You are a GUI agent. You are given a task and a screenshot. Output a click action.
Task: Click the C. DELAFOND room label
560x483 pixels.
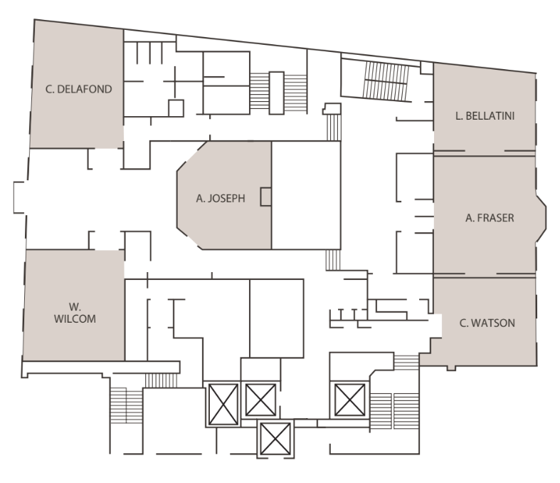[x=78, y=89]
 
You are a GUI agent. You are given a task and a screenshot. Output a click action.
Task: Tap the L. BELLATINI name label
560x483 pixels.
[x=485, y=116]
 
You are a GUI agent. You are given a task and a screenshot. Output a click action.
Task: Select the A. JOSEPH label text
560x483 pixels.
[x=221, y=199]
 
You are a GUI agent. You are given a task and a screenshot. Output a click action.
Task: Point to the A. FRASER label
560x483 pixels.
[x=490, y=218]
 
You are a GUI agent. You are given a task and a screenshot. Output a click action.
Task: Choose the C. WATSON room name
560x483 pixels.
[x=487, y=323]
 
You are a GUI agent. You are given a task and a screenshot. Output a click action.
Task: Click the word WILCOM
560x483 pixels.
[x=75, y=318]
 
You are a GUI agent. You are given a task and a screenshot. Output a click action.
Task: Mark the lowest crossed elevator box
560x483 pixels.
[x=275, y=439]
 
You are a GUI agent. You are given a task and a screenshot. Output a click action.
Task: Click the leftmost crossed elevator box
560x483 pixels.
[x=223, y=405]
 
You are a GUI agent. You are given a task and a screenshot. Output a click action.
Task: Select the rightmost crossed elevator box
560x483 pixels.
[x=350, y=400]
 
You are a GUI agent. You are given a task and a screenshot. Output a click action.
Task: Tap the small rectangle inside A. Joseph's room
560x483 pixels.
[x=265, y=197]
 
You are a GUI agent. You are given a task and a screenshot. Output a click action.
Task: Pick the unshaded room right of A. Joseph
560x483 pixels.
[x=306, y=195]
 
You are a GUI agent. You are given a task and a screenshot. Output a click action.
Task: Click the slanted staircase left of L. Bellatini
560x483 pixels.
[x=386, y=81]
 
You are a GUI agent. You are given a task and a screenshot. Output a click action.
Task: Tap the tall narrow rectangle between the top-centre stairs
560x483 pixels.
[x=276, y=93]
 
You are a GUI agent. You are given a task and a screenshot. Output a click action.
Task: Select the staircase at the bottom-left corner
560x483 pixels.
[x=127, y=405]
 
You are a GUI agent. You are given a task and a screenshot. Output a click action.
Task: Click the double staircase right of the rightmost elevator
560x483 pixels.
[x=394, y=411]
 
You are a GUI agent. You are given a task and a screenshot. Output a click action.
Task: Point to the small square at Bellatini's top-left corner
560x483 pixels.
[x=426, y=68]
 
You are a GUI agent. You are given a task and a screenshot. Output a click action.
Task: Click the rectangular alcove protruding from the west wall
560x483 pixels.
[x=19, y=197]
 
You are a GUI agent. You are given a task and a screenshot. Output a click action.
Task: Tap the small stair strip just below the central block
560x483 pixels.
[x=333, y=260]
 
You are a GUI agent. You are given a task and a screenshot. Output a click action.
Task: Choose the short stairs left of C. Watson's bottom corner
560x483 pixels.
[x=406, y=363]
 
